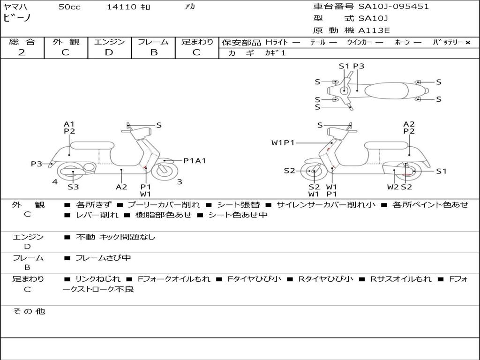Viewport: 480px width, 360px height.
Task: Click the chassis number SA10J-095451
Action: [393, 7]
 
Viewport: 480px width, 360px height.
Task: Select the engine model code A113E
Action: [374, 30]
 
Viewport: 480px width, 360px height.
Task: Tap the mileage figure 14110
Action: [121, 7]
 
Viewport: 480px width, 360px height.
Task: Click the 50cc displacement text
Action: [69, 7]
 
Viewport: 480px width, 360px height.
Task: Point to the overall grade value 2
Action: [22, 52]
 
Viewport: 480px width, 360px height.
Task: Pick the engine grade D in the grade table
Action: [109, 52]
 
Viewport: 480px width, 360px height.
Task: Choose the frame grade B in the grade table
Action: [153, 52]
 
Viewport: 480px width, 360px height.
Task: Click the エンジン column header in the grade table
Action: [109, 42]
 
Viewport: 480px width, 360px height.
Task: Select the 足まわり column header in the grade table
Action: [197, 42]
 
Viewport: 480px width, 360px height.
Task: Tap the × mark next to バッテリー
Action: [467, 42]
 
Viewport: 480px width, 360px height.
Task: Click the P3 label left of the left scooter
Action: [37, 164]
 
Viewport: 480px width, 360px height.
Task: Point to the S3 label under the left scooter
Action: [73, 187]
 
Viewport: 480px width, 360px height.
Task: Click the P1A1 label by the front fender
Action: [194, 161]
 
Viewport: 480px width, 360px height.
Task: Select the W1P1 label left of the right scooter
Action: [283, 142]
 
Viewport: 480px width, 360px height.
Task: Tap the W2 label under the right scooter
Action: [393, 187]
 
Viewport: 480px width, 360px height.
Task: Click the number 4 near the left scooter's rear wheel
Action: [55, 181]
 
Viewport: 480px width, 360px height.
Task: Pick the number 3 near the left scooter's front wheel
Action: [180, 182]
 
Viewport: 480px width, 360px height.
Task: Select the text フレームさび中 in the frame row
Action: [103, 258]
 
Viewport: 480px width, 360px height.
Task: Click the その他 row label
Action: [29, 311]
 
